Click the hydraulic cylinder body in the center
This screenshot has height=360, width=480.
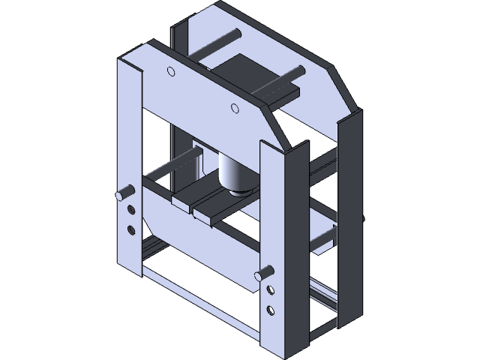point(233,169)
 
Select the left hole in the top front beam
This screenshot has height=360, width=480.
point(170,72)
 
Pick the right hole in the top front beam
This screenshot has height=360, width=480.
point(235,108)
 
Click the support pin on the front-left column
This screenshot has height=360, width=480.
point(121,196)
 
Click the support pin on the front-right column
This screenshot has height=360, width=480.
point(263,275)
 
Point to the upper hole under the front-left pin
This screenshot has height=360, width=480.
point(132,211)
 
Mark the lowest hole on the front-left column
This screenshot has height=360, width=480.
point(132,228)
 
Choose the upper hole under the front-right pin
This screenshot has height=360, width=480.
point(270,293)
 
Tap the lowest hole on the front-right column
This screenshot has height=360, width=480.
point(270,309)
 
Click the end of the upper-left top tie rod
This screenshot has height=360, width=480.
point(235,34)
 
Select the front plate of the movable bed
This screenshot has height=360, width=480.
point(199,232)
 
